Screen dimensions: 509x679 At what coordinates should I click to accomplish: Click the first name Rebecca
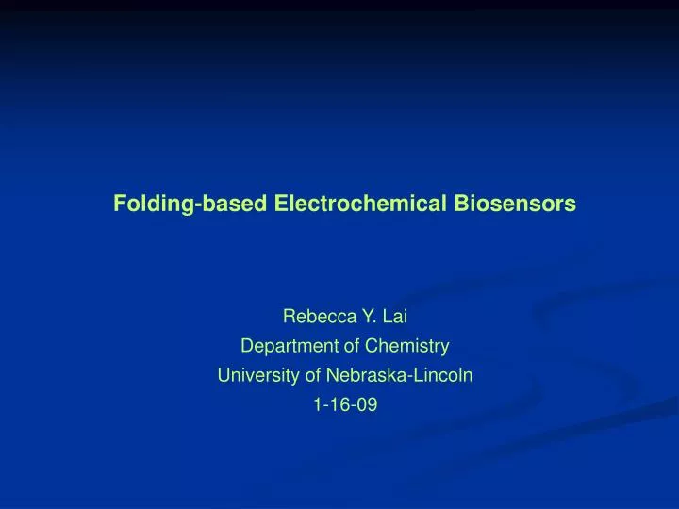click(316, 318)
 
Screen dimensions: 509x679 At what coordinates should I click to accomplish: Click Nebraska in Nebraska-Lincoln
click(361, 375)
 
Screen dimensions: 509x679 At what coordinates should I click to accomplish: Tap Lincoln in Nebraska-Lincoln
click(441, 375)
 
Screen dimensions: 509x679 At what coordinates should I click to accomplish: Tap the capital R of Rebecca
click(290, 318)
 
